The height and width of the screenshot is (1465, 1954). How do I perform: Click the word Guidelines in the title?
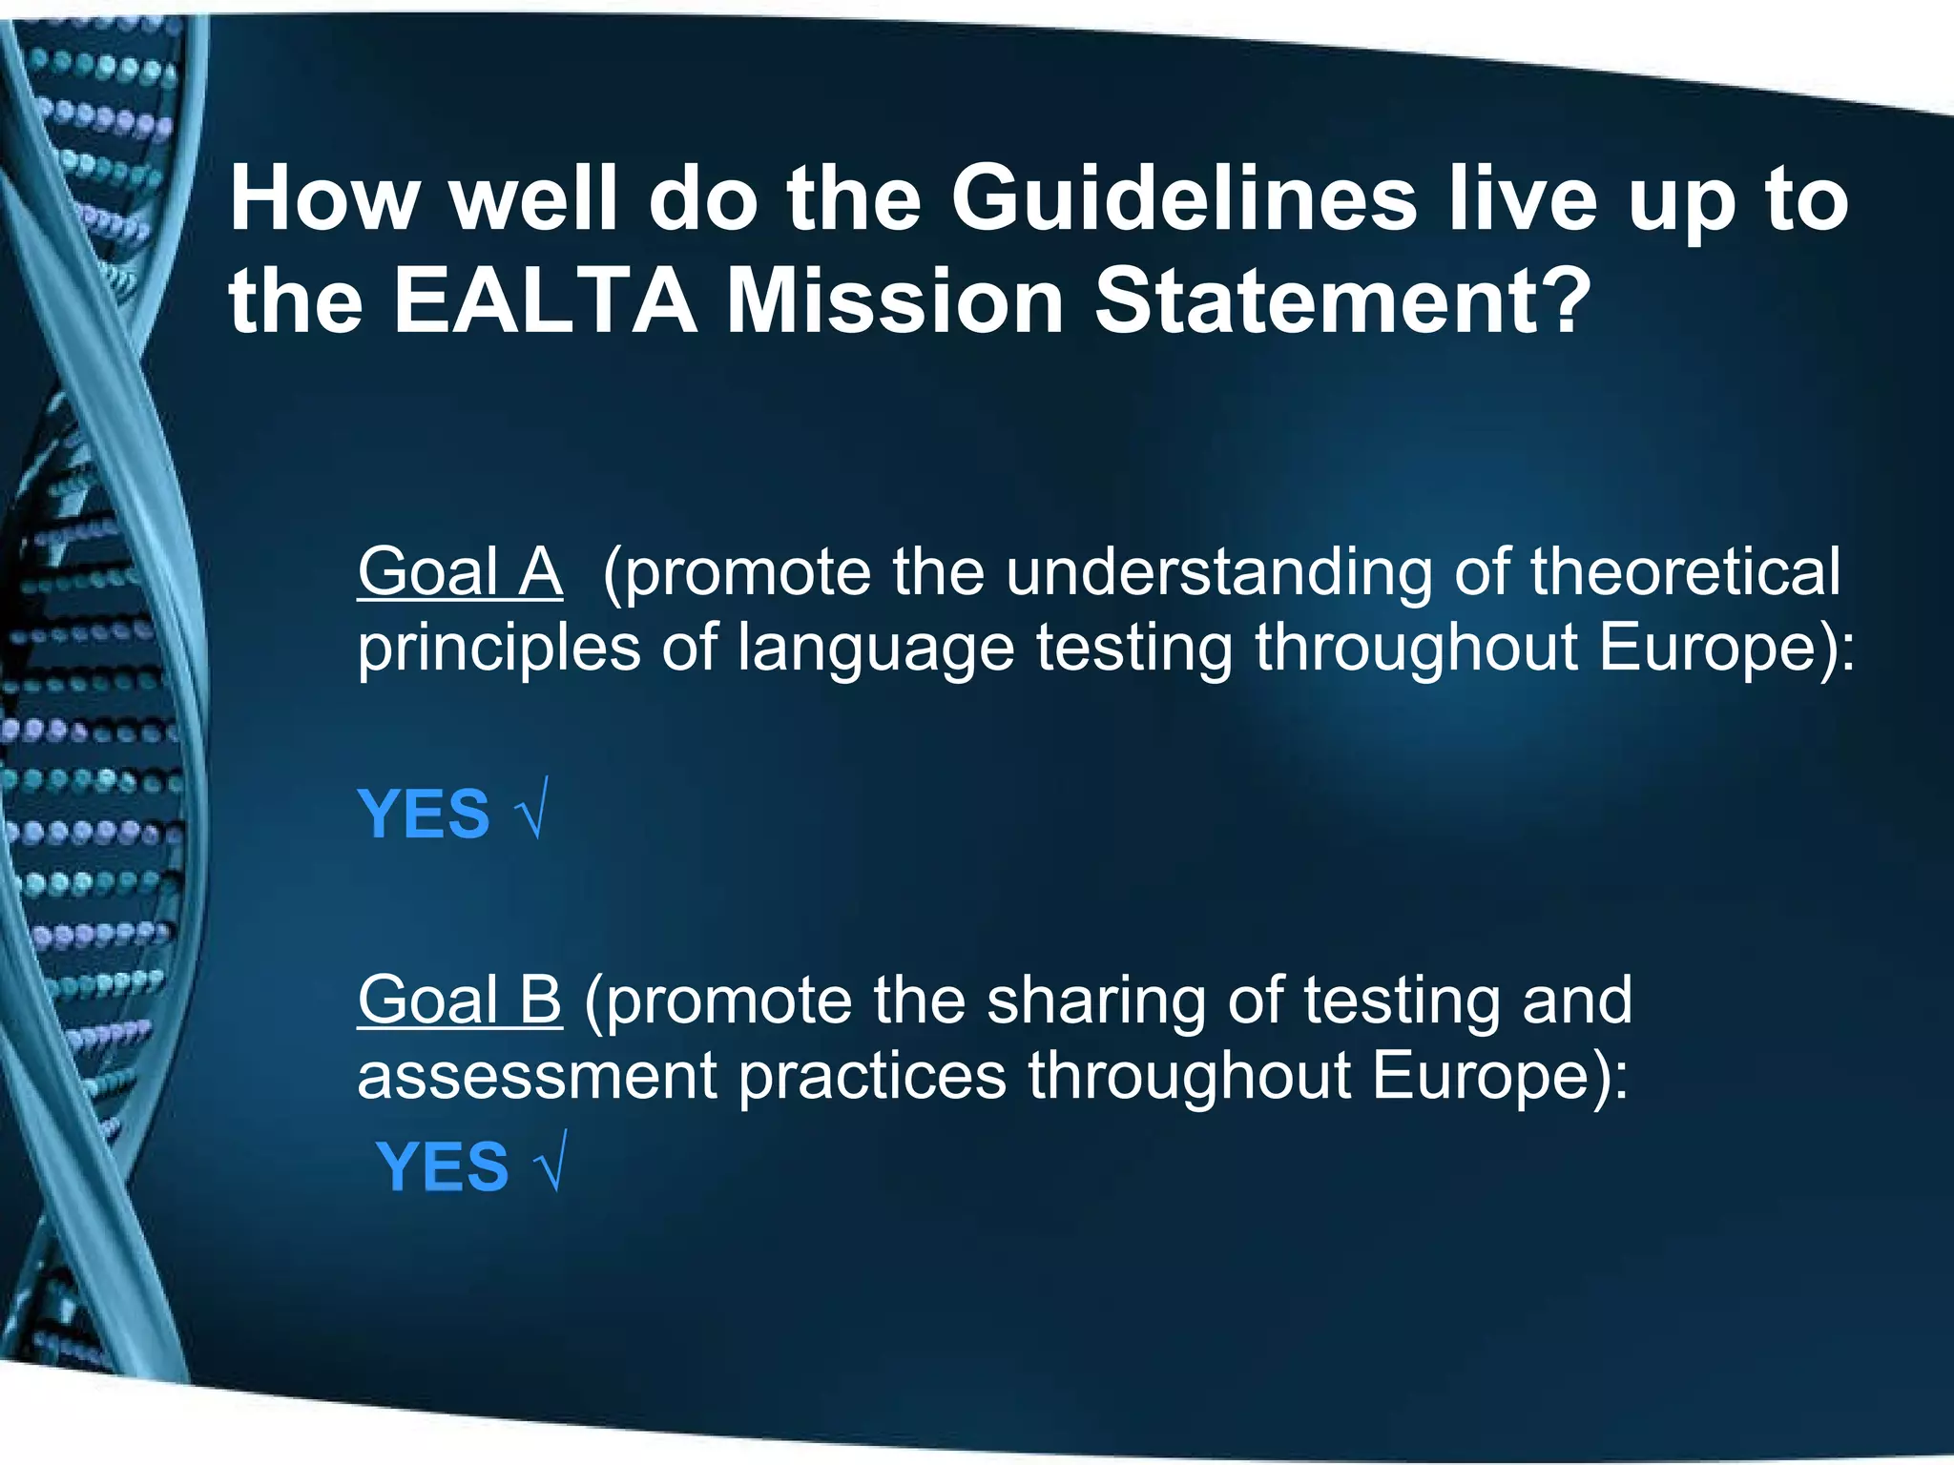pyautogui.click(x=1183, y=200)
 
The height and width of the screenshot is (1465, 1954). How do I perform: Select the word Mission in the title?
pyautogui.click(x=894, y=302)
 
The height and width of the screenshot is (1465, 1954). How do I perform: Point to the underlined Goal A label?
pyautogui.click(x=460, y=572)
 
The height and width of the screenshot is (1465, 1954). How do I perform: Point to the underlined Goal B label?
pyautogui.click(x=460, y=1001)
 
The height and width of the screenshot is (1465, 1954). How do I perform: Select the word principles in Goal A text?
pyautogui.click(x=498, y=649)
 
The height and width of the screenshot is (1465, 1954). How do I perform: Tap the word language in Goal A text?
pyautogui.click(x=875, y=649)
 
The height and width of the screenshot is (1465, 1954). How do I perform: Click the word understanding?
pyautogui.click(x=1218, y=572)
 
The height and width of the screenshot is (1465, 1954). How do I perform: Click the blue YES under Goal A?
pyautogui.click(x=424, y=815)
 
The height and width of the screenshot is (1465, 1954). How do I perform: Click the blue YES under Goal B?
pyautogui.click(x=443, y=1166)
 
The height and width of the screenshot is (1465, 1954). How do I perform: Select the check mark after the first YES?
pyautogui.click(x=531, y=811)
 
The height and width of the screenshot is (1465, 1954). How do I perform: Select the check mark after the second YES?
pyautogui.click(x=551, y=1163)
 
